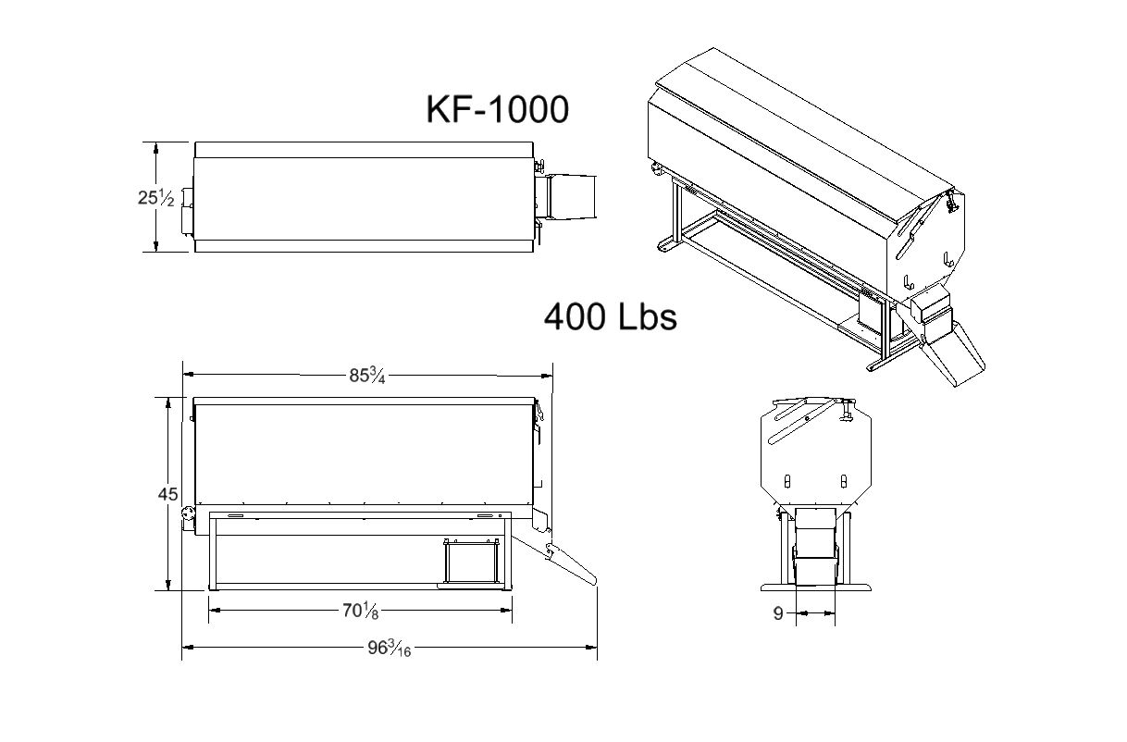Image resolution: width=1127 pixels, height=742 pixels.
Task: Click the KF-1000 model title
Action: pos(497,109)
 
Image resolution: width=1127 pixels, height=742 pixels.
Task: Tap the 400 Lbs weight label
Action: pos(611,317)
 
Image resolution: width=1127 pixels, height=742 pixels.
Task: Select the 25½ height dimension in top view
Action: pos(155,197)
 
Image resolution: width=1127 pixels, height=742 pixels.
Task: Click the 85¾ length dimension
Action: pos(367,376)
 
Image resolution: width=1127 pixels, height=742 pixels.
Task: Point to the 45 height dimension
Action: pos(167,494)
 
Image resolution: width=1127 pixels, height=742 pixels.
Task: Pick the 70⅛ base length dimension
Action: pos(360,611)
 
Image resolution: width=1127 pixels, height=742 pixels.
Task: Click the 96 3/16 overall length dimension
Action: pos(389,648)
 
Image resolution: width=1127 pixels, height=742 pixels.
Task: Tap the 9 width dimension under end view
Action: pos(778,613)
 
